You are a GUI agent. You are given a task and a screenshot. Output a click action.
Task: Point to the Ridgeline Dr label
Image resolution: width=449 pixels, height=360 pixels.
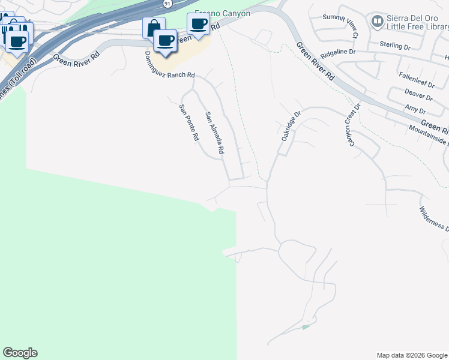click(338, 53)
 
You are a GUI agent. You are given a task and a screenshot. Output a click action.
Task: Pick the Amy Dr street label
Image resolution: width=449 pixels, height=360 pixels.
click(415, 109)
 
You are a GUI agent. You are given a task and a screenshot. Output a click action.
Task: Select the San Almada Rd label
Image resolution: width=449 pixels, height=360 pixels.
click(214, 133)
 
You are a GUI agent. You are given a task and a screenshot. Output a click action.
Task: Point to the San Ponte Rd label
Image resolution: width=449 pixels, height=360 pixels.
click(188, 122)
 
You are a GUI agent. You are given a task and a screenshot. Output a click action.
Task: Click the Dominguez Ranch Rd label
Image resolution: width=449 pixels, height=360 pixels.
click(170, 66)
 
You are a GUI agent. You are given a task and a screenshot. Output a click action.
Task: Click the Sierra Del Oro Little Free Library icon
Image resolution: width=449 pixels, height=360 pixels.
click(378, 22)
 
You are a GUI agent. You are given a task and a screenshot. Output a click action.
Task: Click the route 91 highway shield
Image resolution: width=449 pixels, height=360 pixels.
click(166, 4)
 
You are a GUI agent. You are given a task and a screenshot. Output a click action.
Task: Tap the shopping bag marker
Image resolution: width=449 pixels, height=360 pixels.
click(154, 27)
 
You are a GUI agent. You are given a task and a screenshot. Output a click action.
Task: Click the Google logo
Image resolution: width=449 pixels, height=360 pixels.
click(20, 353)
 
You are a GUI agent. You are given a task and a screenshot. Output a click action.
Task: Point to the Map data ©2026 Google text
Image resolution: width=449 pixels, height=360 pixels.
click(411, 355)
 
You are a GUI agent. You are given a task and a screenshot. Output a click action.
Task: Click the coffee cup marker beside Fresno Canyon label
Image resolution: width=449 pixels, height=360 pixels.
click(198, 24)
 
